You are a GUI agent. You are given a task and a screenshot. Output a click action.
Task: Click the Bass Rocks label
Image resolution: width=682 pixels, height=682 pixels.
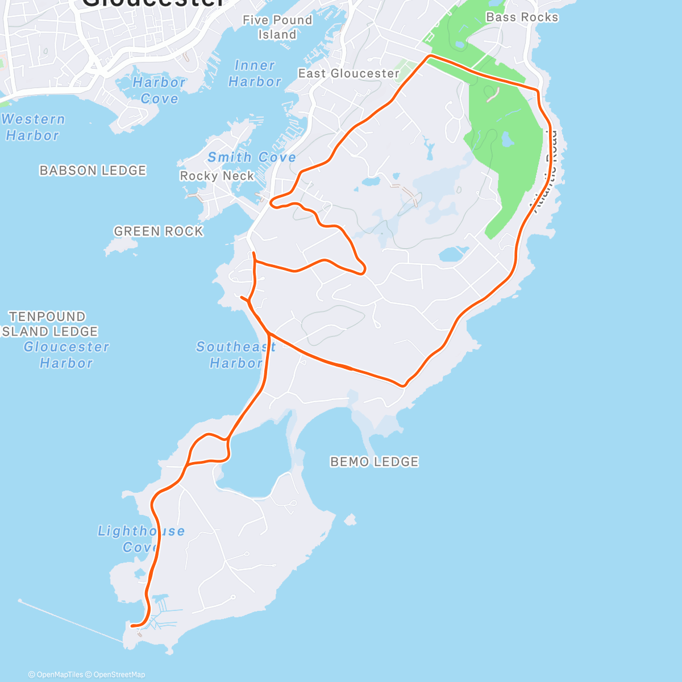[x=522, y=18]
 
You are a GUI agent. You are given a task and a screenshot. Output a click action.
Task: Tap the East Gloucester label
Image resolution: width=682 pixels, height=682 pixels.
[x=348, y=73]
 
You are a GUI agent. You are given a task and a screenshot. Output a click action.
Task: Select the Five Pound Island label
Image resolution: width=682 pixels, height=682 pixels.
[x=277, y=27]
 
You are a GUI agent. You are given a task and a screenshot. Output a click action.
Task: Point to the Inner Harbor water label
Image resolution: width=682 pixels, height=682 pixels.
[x=255, y=74]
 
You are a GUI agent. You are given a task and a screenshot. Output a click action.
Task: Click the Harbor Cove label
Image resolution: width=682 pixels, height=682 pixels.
[x=159, y=90]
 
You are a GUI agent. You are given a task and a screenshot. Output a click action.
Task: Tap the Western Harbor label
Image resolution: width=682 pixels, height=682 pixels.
[x=33, y=127]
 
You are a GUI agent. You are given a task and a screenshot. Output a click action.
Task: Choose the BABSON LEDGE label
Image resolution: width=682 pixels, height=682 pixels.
[x=93, y=170]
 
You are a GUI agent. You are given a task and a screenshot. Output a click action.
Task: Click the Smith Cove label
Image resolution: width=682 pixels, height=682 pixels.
[x=251, y=157]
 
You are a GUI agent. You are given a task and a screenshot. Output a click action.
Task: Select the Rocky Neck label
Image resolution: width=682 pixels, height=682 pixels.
[x=217, y=176]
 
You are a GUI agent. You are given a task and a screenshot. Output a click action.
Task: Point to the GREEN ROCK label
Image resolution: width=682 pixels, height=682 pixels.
[x=158, y=231]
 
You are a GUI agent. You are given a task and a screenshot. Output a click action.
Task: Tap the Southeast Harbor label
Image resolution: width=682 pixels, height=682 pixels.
[x=236, y=355]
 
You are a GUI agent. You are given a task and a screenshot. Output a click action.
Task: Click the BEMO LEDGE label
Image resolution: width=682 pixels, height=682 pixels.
[x=374, y=462]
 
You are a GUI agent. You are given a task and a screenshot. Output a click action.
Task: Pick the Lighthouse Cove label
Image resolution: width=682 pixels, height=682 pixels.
[x=141, y=539]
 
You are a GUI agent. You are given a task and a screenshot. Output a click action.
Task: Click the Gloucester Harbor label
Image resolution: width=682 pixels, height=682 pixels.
[x=66, y=355]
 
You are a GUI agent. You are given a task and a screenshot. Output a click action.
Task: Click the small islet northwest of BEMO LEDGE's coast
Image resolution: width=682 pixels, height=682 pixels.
[x=350, y=519]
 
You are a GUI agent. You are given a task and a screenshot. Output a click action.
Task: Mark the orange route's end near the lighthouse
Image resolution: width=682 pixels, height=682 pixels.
[x=132, y=626]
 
